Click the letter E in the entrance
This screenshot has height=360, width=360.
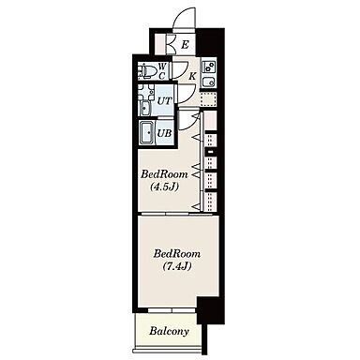click(x=185, y=45)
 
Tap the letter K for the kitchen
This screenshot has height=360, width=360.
click(x=193, y=76)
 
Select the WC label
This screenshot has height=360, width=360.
click(x=162, y=70)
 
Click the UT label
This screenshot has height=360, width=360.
click(x=164, y=101)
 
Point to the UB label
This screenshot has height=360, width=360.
click(x=164, y=133)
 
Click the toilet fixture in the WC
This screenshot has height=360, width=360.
click(x=147, y=70)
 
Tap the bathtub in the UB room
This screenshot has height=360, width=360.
click(x=147, y=133)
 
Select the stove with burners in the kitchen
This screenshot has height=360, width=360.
click(x=208, y=67)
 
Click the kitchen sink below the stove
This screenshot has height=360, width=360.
click(x=208, y=82)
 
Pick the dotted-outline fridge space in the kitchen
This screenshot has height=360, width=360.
click(x=208, y=99)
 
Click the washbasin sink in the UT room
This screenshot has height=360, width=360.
click(x=145, y=108)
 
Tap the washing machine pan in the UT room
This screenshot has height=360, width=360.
click(x=146, y=92)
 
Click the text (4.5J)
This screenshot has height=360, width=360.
click(x=164, y=187)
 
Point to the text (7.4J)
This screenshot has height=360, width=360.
click(x=177, y=266)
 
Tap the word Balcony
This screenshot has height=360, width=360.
click(x=169, y=331)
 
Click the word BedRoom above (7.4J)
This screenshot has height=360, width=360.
click(x=177, y=253)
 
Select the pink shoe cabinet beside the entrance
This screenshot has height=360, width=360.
click(x=160, y=45)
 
